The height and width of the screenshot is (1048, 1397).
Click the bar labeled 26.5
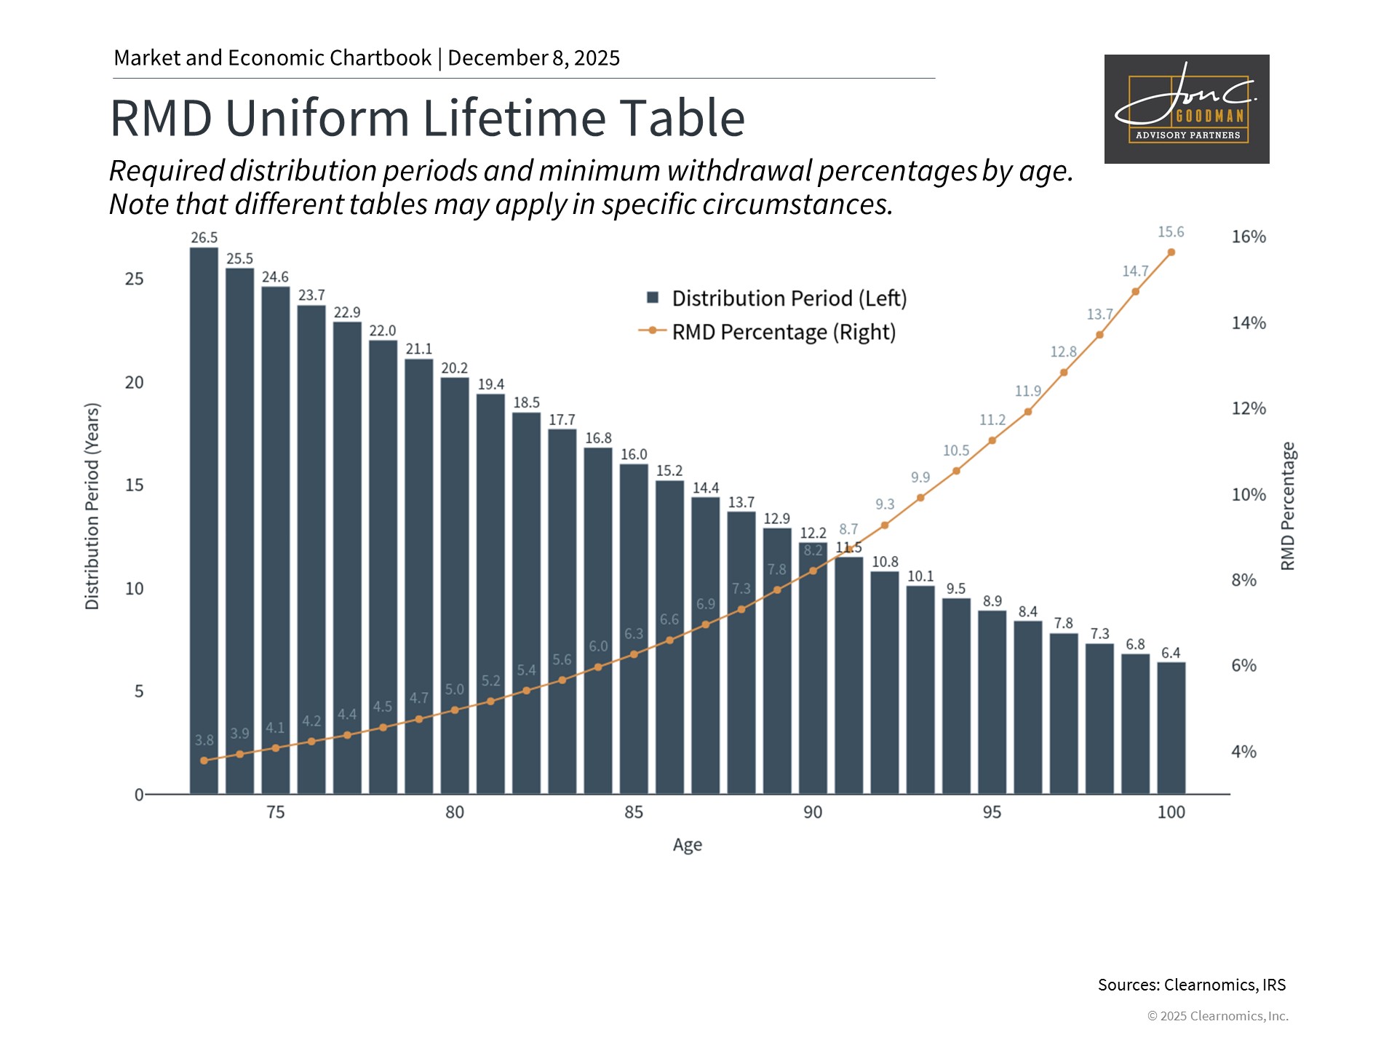(204, 520)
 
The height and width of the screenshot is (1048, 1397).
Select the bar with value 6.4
(1171, 728)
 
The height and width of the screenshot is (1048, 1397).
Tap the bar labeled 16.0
(634, 629)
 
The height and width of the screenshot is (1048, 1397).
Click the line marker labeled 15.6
(1171, 253)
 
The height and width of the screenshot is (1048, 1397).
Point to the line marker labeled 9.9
(920, 498)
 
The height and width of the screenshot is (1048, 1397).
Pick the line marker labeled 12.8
(1064, 373)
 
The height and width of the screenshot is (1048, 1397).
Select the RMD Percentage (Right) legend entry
(768, 332)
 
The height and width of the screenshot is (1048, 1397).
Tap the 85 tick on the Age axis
(634, 812)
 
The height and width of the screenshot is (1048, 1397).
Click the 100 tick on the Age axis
(1171, 812)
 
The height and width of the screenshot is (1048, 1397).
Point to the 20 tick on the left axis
(135, 383)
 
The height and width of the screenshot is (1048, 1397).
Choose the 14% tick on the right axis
(1249, 322)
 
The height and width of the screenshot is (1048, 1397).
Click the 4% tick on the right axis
(1243, 752)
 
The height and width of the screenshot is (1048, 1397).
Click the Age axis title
(687, 845)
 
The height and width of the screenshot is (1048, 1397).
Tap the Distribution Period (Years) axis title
(92, 506)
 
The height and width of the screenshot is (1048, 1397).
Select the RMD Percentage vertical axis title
(1288, 506)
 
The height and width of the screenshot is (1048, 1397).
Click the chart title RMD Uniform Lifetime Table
(428, 118)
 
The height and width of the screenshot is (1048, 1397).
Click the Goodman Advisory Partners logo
(1187, 109)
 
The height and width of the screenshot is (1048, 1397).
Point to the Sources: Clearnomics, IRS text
(1191, 985)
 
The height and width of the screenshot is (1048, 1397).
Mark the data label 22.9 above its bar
(347, 312)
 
